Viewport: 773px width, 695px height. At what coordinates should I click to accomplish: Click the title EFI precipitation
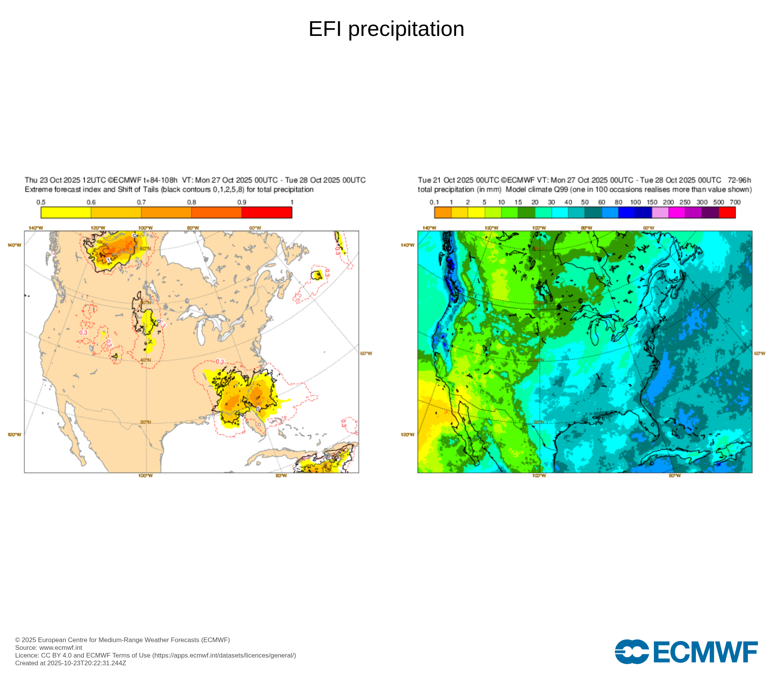tap(386, 29)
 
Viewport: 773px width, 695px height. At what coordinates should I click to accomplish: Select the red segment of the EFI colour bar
tap(267, 212)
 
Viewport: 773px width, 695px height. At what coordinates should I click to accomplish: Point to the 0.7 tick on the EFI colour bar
tap(141, 202)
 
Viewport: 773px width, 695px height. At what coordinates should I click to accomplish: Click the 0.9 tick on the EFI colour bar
tap(242, 202)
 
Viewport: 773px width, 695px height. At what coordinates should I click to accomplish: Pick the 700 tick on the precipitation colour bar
tap(735, 202)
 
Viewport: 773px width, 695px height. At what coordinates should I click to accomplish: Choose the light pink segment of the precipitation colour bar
tap(660, 212)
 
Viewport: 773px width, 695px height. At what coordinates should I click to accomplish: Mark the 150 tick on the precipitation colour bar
tap(652, 202)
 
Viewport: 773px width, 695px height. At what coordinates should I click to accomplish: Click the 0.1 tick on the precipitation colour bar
tap(434, 202)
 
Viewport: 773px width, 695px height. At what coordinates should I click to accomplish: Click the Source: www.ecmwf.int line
tap(49, 648)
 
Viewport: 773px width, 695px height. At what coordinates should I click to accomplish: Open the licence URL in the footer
tap(224, 655)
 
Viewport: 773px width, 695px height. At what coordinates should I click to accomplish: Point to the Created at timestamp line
tap(70, 663)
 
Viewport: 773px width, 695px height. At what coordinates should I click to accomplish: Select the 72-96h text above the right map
tap(739, 180)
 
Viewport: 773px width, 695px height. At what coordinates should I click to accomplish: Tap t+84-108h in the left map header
tap(160, 180)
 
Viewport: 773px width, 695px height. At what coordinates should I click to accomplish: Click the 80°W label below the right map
tap(675, 476)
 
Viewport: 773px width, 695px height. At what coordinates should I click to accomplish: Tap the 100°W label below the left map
tap(146, 476)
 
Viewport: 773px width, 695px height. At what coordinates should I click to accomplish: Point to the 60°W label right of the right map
tap(759, 353)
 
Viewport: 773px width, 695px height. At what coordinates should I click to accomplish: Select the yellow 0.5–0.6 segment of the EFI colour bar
tap(66, 212)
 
